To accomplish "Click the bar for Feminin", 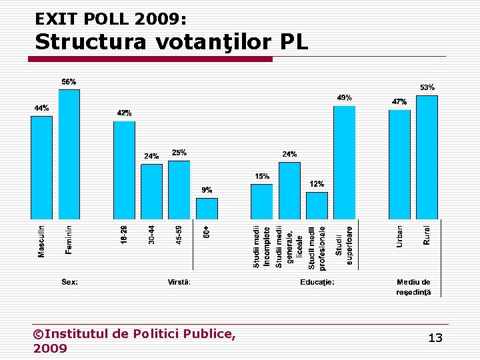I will (69, 154).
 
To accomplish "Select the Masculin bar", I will (41, 167).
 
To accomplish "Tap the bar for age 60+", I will (207, 207).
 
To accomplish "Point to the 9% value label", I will (207, 190).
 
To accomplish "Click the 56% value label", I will (69, 82).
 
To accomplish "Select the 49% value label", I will (344, 98).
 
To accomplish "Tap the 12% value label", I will (317, 184).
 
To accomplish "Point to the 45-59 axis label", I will (179, 234).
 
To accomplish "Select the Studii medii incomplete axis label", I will (261, 246).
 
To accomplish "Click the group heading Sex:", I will (70, 281).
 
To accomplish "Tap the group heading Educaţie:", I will (317, 281).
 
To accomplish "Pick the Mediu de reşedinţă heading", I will (413, 287).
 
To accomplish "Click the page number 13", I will (435, 338).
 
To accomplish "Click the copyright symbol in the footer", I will (38, 333).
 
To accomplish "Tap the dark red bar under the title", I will (150, 59).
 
